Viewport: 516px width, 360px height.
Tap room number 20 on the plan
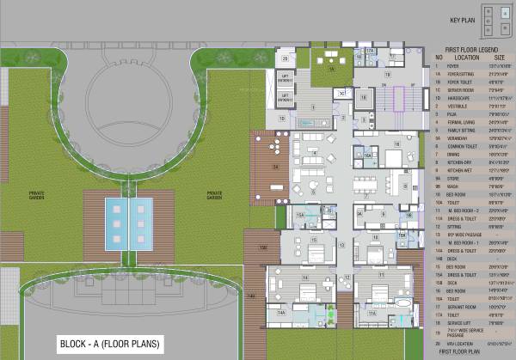[x=285, y=58]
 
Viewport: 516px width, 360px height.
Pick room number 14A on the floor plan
[x=281, y=314]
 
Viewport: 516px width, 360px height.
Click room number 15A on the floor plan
[x=300, y=215]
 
